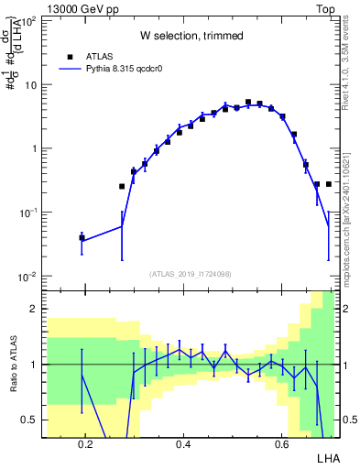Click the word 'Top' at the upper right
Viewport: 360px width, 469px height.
point(327,6)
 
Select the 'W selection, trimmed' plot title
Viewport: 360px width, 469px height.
point(191,36)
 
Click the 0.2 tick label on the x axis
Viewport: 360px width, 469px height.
point(86,443)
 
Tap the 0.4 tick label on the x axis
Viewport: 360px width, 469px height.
point(183,443)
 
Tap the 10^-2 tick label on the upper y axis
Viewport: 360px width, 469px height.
point(28,277)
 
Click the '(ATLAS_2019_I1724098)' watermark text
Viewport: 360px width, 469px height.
point(191,273)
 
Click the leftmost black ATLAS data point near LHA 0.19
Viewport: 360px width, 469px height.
point(82,238)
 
